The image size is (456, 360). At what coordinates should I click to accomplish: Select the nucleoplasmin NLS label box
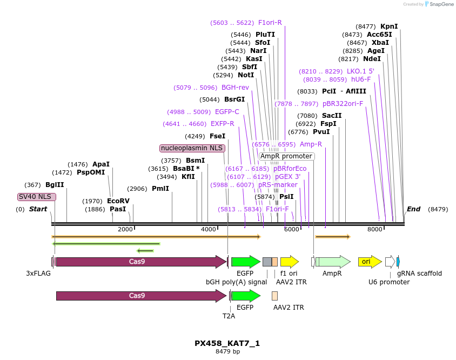point(192,148)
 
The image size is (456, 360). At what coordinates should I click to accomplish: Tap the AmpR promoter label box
point(286,156)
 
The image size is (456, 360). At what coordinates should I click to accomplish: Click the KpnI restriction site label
point(389,26)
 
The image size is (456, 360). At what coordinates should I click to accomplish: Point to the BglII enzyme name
point(55,185)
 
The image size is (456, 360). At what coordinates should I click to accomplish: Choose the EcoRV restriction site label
point(118,201)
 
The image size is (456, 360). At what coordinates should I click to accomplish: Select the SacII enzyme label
point(332,116)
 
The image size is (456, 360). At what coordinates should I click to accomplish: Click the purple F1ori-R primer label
point(270,23)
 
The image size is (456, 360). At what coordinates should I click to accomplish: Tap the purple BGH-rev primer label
point(235,88)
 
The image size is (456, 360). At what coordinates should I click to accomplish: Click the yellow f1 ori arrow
point(290,262)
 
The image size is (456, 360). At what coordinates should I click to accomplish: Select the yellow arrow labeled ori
point(370,262)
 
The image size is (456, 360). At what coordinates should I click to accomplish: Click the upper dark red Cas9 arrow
point(140,262)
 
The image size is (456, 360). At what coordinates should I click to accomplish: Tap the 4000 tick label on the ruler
point(209,229)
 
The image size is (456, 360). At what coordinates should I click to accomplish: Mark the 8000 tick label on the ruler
point(375,229)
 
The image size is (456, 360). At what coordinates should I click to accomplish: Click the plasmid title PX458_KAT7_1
point(227,343)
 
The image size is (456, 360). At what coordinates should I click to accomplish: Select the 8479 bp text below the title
point(227,351)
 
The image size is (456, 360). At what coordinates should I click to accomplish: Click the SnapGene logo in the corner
point(439,4)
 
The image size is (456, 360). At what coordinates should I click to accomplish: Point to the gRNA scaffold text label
point(419,274)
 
